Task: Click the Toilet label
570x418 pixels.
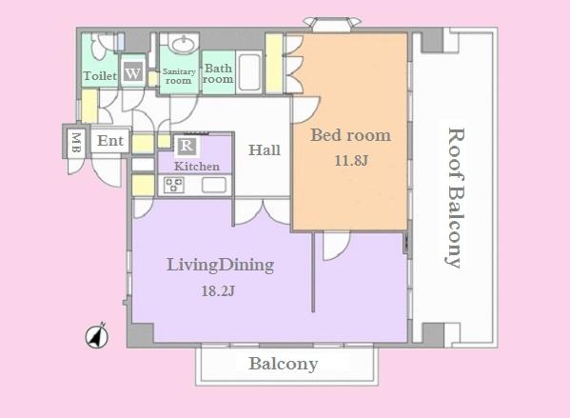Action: click(x=100, y=75)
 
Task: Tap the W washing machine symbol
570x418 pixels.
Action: click(x=134, y=72)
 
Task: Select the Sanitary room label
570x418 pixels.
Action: click(x=178, y=75)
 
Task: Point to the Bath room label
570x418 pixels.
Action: click(x=218, y=74)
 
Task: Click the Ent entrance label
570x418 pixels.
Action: click(x=110, y=141)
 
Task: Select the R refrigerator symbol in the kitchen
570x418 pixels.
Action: click(x=187, y=146)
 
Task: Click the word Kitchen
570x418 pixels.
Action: click(x=197, y=167)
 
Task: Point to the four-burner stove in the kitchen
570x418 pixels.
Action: click(x=175, y=185)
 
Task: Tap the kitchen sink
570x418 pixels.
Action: click(x=212, y=185)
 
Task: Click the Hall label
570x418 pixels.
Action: click(x=264, y=149)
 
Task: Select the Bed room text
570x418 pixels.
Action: click(x=350, y=135)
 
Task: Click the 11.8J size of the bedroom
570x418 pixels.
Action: click(x=350, y=160)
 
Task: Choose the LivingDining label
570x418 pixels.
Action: click(x=220, y=265)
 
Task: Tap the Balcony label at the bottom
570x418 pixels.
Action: click(x=284, y=364)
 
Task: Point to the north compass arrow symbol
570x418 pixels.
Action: click(x=97, y=335)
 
